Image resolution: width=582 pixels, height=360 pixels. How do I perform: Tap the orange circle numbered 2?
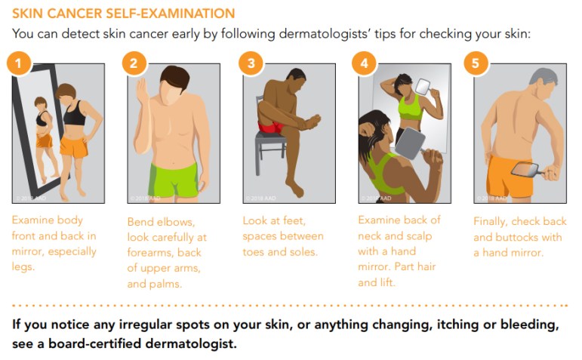click(x=134, y=63)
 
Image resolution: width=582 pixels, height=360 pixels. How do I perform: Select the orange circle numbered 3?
click(x=251, y=63)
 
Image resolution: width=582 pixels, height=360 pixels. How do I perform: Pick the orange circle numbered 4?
click(x=365, y=63)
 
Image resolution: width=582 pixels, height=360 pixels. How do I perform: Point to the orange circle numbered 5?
click(x=476, y=63)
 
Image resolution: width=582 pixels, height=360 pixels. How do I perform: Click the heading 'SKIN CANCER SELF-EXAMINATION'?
click(x=123, y=14)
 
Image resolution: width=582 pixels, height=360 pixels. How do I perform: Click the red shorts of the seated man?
click(x=269, y=125)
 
